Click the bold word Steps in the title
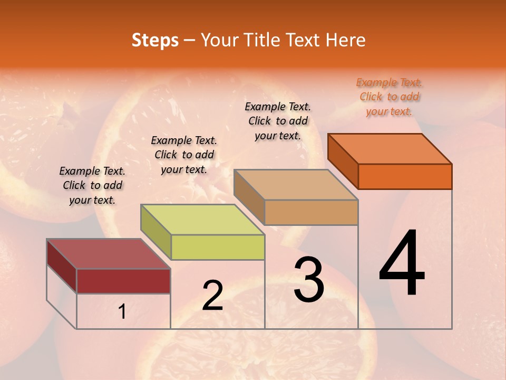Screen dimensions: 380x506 (x=155, y=40)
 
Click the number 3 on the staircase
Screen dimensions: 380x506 (x=308, y=280)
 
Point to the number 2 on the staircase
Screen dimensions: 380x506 (x=212, y=296)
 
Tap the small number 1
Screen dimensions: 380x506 (x=122, y=312)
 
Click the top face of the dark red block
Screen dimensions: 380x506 (x=108, y=254)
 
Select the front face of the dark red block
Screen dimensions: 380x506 (x=123, y=281)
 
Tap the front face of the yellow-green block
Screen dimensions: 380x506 (x=218, y=247)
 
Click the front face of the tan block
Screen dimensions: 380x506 (x=311, y=212)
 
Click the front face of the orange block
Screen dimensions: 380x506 (x=405, y=176)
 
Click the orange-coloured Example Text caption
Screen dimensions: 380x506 (x=389, y=97)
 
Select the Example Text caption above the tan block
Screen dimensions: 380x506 (x=278, y=121)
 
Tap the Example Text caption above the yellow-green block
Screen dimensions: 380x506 (x=184, y=155)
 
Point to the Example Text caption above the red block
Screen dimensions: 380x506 (x=92, y=185)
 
